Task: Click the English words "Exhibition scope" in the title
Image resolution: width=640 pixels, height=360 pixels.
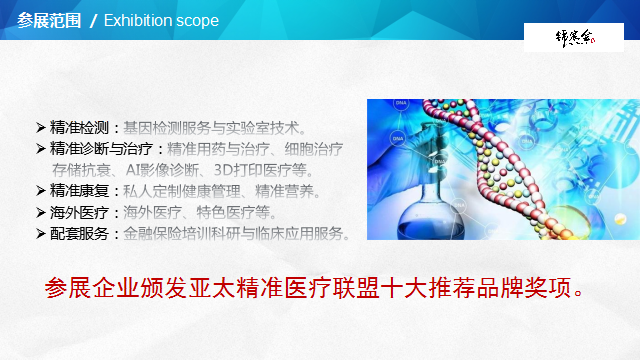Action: tap(161, 20)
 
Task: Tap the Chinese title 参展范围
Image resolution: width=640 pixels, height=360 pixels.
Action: tap(46, 20)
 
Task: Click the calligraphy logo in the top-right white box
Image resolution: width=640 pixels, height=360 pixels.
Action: tap(575, 37)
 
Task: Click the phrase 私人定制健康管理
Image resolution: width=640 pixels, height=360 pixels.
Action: tap(186, 190)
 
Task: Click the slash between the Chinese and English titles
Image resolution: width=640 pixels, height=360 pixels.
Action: tap(94, 21)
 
